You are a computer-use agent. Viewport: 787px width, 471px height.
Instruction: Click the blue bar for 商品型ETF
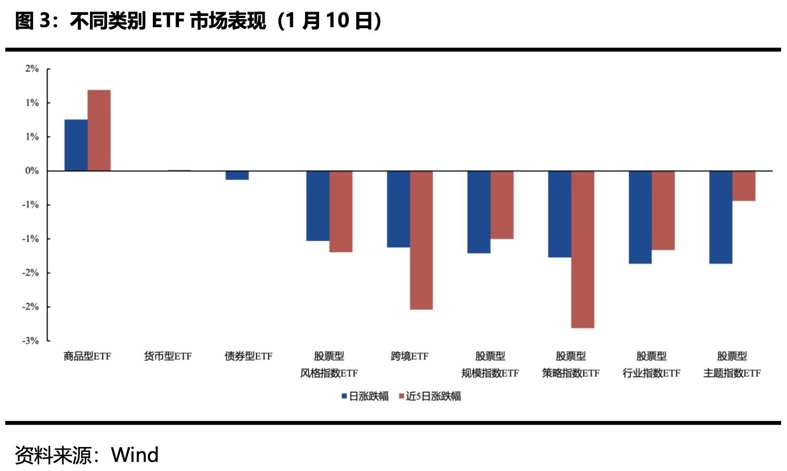(76, 145)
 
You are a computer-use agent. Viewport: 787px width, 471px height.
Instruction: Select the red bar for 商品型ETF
(99, 131)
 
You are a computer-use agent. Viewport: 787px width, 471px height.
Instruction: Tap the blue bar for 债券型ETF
(237, 175)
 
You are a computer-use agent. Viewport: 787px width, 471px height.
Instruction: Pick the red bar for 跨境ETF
(421, 240)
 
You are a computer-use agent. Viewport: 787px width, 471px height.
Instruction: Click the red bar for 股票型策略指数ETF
(583, 249)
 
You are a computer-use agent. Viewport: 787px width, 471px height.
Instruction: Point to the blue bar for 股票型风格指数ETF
(318, 206)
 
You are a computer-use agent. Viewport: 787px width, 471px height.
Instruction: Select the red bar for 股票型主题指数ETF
(744, 186)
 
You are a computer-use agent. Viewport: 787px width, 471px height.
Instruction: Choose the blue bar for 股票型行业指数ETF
(640, 217)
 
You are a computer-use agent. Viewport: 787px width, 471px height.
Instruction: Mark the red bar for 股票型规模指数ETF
(502, 205)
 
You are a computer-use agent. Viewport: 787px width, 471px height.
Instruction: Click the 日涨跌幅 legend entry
(365, 396)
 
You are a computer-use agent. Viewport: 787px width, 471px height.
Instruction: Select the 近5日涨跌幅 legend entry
(430, 396)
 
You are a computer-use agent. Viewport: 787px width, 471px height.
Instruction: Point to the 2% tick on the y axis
(32, 69)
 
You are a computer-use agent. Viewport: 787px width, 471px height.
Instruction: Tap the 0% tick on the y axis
(32, 171)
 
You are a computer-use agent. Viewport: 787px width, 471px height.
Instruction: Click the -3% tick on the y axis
(30, 340)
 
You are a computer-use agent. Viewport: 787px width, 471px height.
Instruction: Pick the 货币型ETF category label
(168, 356)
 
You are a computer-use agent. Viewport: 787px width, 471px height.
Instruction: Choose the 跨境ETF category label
(409, 356)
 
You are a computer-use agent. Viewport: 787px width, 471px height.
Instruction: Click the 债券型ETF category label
(248, 356)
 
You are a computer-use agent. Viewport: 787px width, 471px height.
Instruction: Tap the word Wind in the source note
(135, 455)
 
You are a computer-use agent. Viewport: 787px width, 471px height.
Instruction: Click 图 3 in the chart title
(32, 21)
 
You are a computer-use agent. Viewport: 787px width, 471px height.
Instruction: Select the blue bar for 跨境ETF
(398, 209)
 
